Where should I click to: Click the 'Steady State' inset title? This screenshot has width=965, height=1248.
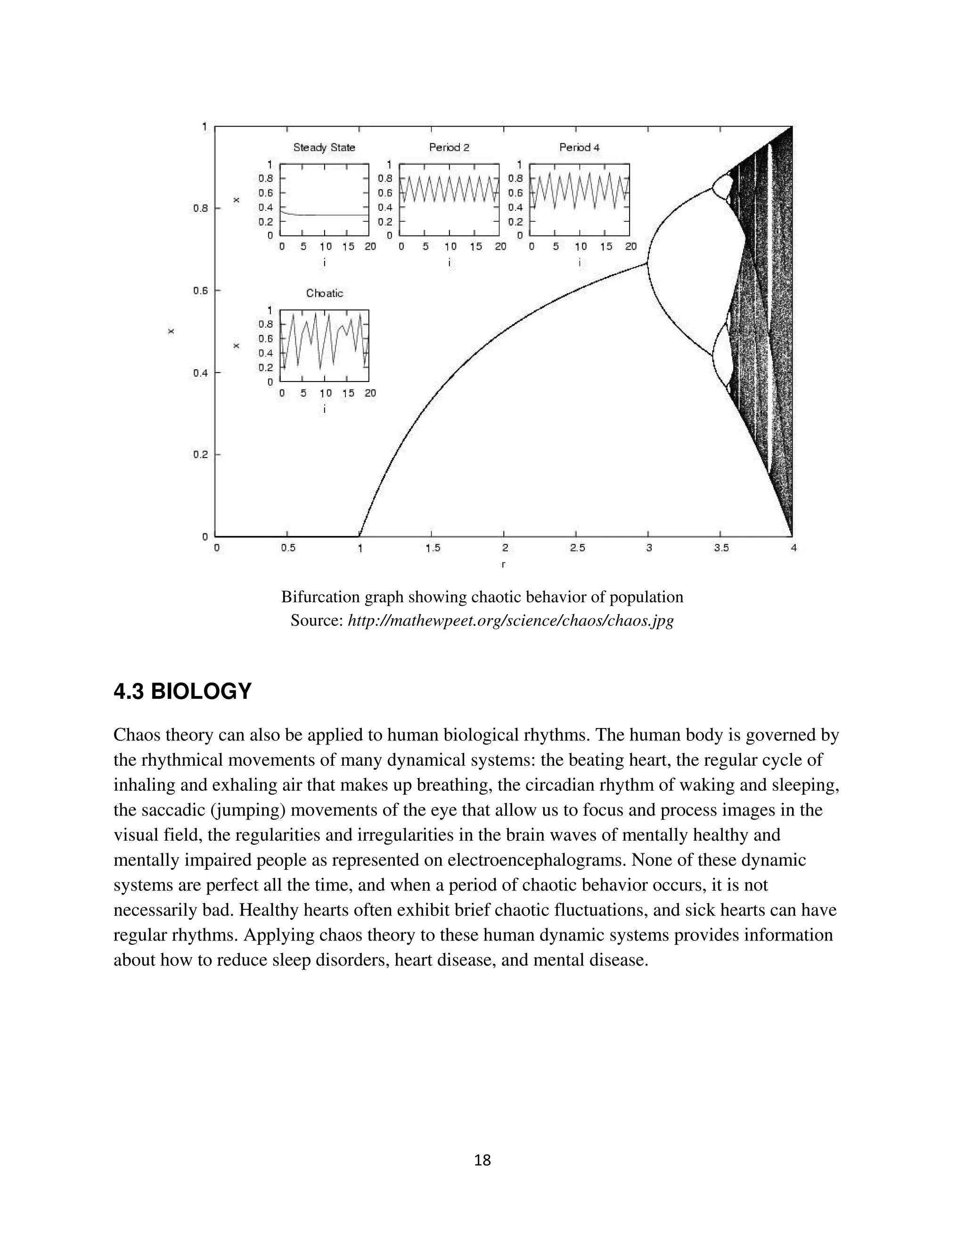(x=324, y=147)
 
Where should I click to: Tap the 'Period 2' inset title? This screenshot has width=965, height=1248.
(x=450, y=147)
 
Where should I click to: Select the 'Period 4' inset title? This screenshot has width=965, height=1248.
(x=579, y=147)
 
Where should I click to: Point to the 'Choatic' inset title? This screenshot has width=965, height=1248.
(x=324, y=293)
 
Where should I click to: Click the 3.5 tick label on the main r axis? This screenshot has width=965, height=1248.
(x=721, y=548)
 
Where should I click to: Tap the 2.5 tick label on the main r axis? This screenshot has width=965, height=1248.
(x=577, y=548)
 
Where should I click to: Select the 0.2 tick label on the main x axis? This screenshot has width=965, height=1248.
(x=201, y=455)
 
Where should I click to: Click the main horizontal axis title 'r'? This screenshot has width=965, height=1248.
(x=503, y=565)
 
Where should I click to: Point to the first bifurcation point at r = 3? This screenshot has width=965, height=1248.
(x=648, y=263)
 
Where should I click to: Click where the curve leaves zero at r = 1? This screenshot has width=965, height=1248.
(x=360, y=535)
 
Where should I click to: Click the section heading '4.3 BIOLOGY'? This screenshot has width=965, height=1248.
(x=182, y=692)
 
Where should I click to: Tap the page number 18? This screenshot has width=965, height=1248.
(x=482, y=1160)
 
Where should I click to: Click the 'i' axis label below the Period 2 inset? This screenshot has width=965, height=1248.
(x=450, y=263)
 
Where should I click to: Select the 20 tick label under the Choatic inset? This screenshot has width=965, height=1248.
(x=370, y=393)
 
